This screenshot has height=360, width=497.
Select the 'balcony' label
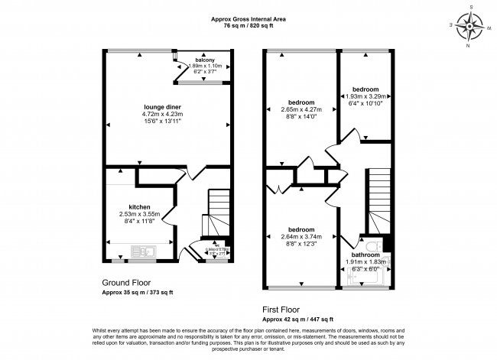click(x=204, y=60)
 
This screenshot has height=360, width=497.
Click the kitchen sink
click(x=143, y=251)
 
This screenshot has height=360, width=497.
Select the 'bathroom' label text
click(x=365, y=255)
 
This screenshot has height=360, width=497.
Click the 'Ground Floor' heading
click(x=125, y=281)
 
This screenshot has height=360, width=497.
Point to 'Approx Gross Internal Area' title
click(x=248, y=18)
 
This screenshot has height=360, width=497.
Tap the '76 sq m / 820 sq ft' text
click(x=248, y=25)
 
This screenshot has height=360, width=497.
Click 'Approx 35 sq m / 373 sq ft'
click(x=138, y=292)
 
